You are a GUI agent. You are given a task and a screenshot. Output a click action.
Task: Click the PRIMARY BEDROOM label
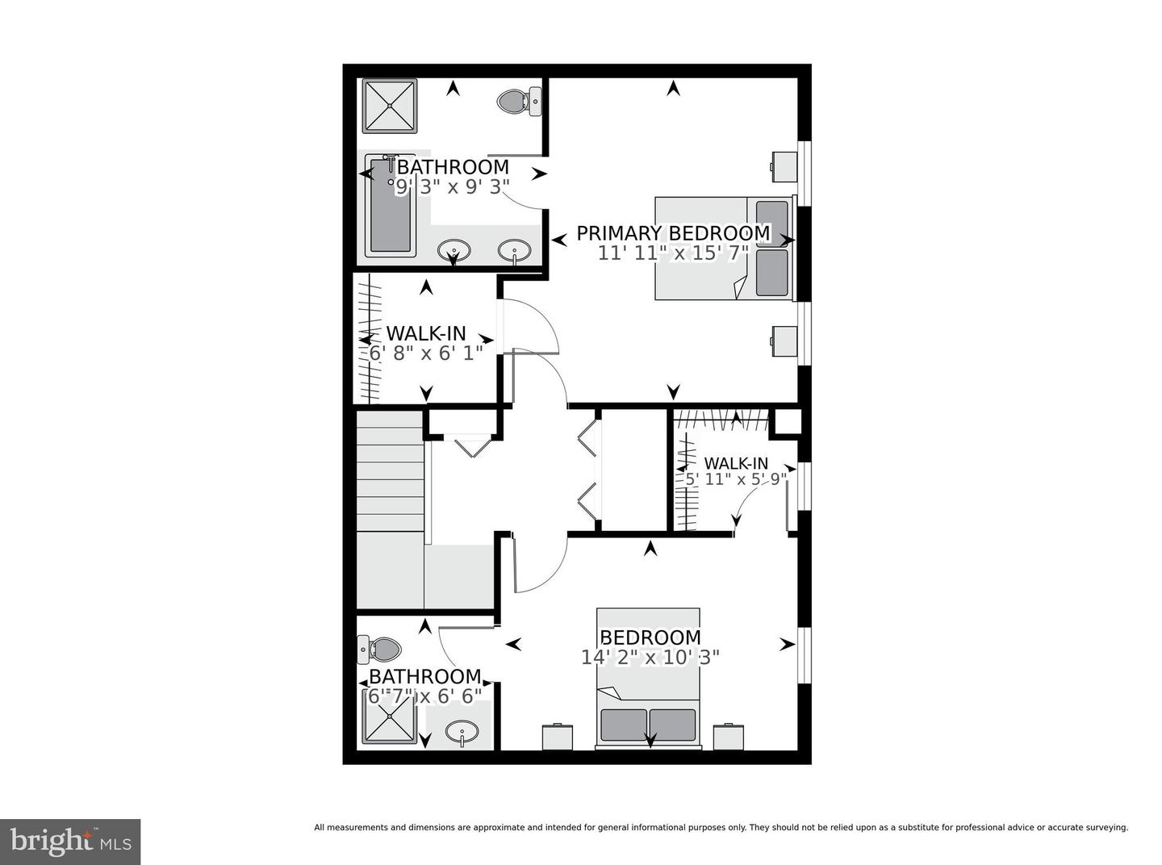[673, 233]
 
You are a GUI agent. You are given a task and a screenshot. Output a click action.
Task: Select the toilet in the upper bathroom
[519, 101]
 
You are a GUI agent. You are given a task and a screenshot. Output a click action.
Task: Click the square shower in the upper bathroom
[389, 106]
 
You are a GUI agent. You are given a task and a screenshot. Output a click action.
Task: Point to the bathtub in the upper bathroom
[390, 206]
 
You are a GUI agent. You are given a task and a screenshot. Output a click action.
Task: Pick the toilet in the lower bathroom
[378, 650]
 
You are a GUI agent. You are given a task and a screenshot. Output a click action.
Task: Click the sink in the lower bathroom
[462, 731]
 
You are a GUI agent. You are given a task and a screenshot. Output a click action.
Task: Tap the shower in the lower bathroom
[390, 716]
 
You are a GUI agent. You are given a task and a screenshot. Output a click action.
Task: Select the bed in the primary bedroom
[723, 249]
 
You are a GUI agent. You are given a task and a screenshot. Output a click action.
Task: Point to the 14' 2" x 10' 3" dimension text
[650, 658]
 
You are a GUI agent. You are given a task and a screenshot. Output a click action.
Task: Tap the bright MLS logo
[70, 842]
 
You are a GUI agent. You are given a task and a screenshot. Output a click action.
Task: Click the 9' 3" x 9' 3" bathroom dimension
[452, 187]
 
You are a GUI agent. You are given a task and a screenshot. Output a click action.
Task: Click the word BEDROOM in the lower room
[650, 637]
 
